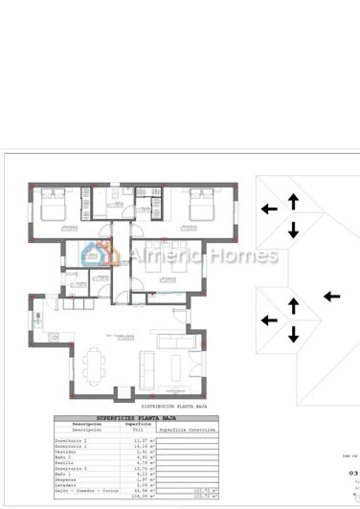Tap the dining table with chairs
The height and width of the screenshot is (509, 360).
point(93,363)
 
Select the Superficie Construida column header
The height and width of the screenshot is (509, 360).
point(188,431)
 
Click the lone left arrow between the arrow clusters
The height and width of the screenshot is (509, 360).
point(331,297)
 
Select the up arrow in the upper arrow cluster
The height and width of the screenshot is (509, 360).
point(292,200)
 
